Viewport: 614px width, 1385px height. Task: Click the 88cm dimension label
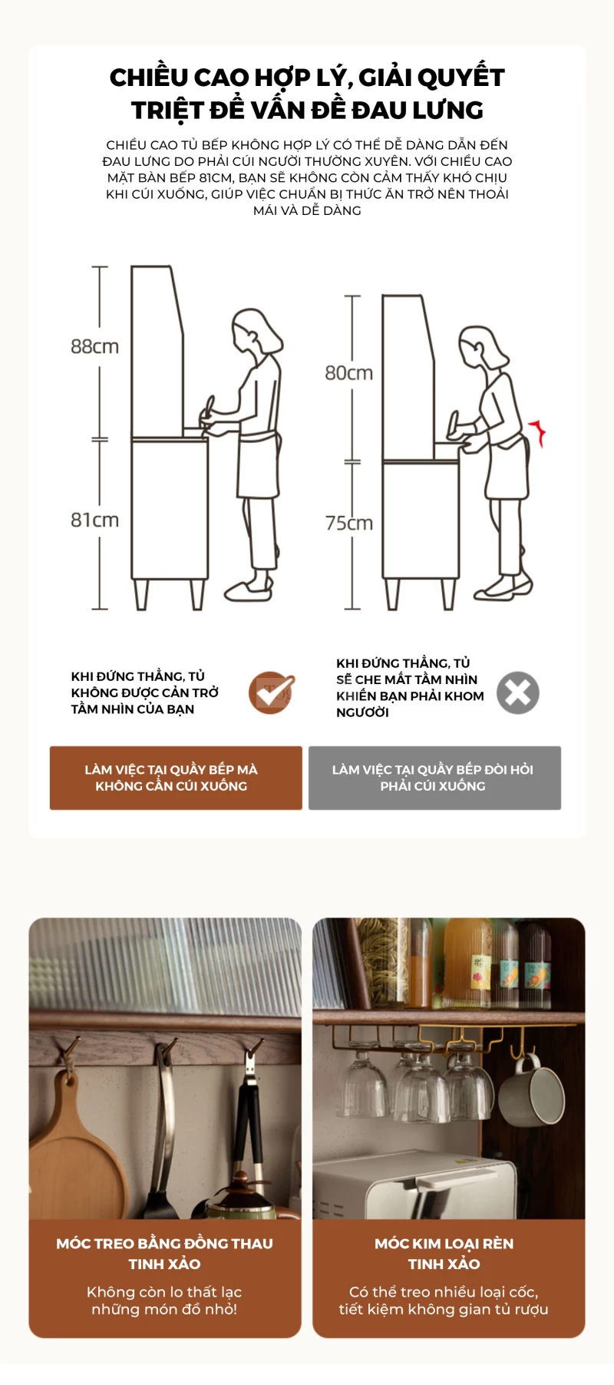(x=94, y=346)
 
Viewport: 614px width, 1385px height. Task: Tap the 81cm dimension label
(x=94, y=520)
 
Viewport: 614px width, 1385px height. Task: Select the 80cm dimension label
(x=348, y=373)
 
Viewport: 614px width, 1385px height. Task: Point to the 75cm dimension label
(x=348, y=523)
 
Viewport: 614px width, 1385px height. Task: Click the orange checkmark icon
(x=272, y=692)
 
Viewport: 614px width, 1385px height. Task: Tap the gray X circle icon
(x=518, y=692)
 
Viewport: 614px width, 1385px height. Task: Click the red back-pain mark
(x=538, y=431)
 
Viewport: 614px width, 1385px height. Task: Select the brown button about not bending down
(x=176, y=778)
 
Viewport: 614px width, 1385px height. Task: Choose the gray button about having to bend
(x=434, y=778)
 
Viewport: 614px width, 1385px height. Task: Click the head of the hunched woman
(x=483, y=348)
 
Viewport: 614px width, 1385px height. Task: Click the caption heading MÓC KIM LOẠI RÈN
(x=444, y=1243)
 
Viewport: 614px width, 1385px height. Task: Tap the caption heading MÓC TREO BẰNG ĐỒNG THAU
(x=164, y=1243)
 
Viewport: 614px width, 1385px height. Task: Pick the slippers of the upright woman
(x=249, y=588)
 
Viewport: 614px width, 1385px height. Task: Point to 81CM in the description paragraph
(x=216, y=177)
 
